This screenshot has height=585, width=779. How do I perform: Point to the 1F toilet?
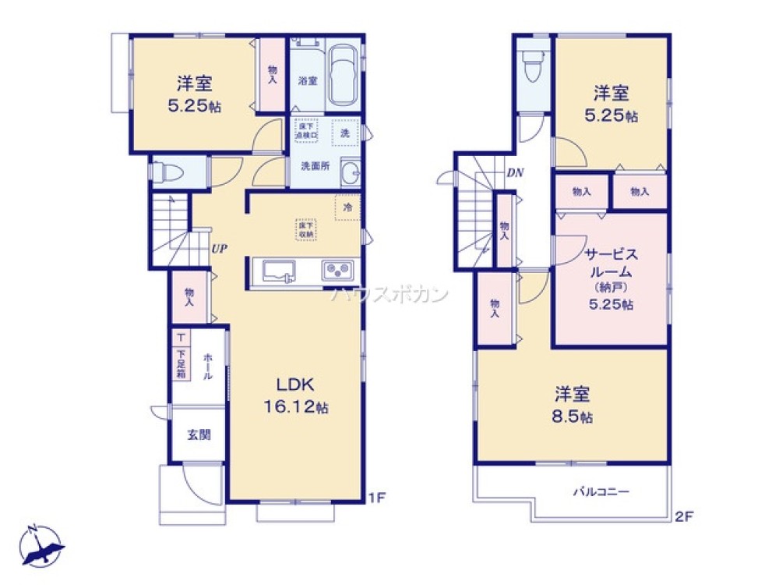point(168,172)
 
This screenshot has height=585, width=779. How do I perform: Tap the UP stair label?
point(219,250)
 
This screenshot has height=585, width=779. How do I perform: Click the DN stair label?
point(515,173)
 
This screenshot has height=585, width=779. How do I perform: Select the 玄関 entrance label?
point(198,435)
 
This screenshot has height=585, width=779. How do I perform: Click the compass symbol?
point(41,544)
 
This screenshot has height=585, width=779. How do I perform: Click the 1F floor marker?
point(376,495)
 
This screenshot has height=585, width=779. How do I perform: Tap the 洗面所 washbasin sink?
point(350,173)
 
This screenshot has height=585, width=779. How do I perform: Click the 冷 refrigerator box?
point(347,207)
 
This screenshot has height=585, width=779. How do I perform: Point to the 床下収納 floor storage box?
point(305,229)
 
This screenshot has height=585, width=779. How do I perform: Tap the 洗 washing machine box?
point(344,133)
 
